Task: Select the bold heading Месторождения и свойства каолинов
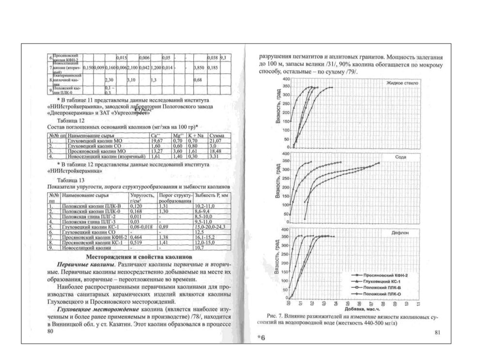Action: [139, 256]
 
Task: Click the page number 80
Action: [47, 331]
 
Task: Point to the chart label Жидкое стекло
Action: [402, 83]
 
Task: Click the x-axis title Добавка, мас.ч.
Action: [360, 308]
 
